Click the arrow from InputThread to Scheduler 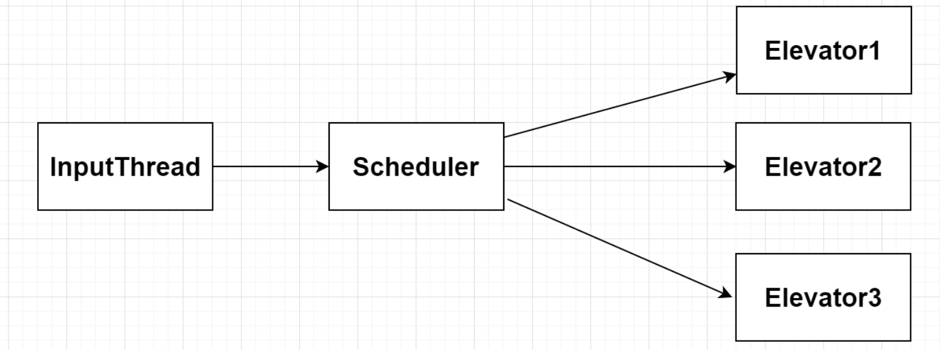[268, 166]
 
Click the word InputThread [125, 167]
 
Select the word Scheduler [416, 167]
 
